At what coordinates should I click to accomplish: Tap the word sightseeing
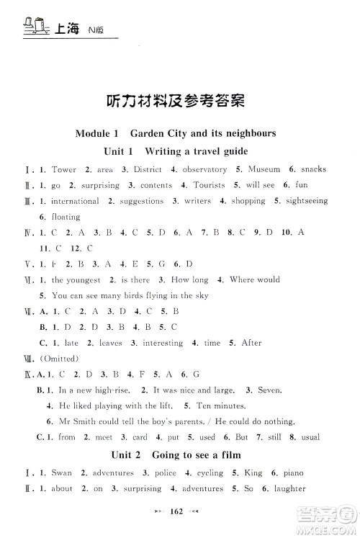(305, 201)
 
